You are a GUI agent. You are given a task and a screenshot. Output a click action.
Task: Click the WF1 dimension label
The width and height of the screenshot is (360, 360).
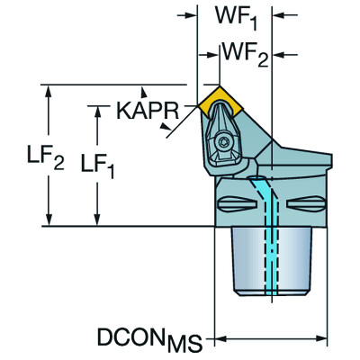point(236,16)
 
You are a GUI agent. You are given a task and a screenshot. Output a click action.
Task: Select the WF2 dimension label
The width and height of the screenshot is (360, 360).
point(245,55)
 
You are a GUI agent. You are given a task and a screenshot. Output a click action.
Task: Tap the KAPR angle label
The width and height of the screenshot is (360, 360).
point(148,111)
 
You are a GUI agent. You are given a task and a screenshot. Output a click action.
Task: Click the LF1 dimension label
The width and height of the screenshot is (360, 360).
point(97,166)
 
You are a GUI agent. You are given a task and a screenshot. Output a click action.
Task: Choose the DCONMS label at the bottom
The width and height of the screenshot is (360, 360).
point(149,340)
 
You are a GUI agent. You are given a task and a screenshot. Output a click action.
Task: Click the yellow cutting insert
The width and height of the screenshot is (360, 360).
point(220,102)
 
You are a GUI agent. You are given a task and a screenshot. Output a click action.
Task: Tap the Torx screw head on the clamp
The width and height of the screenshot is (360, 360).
point(224,141)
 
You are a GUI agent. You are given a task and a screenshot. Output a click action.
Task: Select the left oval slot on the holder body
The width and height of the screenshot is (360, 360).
point(237,204)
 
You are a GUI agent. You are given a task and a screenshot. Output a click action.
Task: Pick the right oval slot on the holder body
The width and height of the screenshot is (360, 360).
point(306,204)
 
